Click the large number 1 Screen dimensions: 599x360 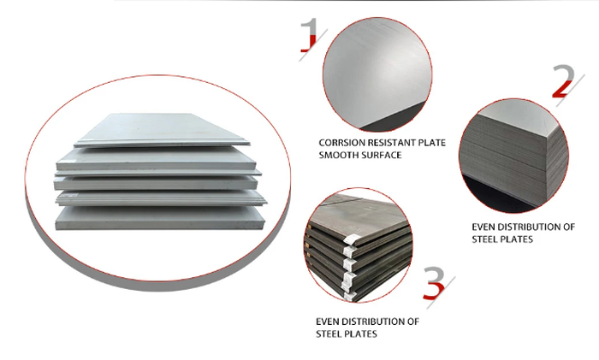[310, 34]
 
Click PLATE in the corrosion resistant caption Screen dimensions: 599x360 [431, 143]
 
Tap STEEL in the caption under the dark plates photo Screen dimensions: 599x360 [329, 334]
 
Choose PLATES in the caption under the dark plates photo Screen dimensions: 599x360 [361, 334]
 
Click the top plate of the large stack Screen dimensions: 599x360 [162, 130]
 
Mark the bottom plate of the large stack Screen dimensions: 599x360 [161, 218]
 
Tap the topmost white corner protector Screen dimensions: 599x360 [352, 240]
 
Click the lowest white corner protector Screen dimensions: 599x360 [349, 296]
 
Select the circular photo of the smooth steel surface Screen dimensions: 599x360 [377, 74]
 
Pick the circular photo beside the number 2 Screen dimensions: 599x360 [513, 156]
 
